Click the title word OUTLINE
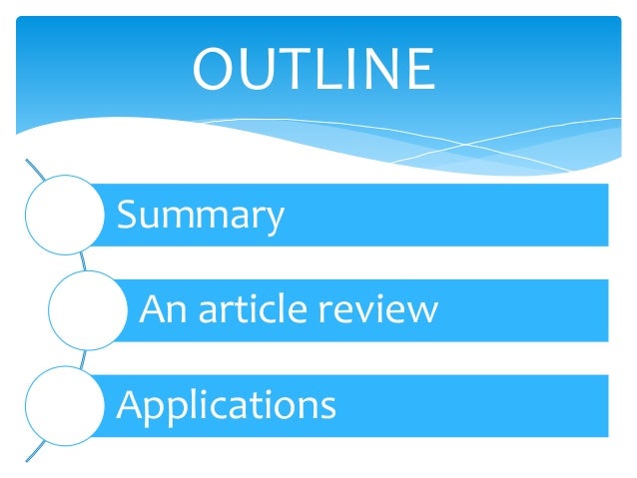click(313, 69)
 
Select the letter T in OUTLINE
click(296, 69)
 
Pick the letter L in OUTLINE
click(328, 69)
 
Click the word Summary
click(201, 216)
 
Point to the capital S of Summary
click(127, 214)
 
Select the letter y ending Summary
click(274, 220)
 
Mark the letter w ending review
click(423, 311)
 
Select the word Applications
click(227, 405)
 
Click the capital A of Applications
click(130, 403)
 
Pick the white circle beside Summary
click(63, 216)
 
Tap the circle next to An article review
click(86, 311)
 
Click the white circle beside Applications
click(61, 405)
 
